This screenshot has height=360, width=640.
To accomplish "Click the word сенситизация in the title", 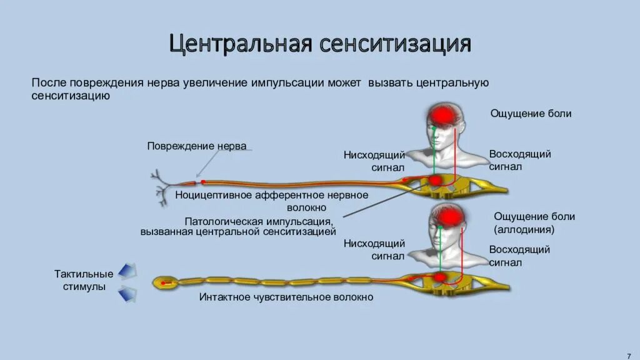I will tap(396, 44).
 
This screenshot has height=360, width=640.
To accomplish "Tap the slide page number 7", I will tap(628, 353).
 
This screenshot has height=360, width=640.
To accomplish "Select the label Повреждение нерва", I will tap(197, 146).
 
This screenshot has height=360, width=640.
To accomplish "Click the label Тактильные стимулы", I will tap(84, 280).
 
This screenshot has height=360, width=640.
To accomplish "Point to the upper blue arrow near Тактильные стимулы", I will tap(127, 271).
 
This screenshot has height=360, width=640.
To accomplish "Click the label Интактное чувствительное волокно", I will tap(286, 297).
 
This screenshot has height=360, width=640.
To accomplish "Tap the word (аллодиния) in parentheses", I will tap(524, 229).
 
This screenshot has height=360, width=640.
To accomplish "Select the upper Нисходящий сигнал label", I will tap(374, 161).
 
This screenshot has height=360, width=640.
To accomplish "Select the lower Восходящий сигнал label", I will tap(519, 256).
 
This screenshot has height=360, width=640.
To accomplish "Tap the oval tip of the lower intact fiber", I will tap(164, 282).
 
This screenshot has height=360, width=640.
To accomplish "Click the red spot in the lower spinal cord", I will tap(439, 276).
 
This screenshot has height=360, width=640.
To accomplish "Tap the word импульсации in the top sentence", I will tap(290, 82).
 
